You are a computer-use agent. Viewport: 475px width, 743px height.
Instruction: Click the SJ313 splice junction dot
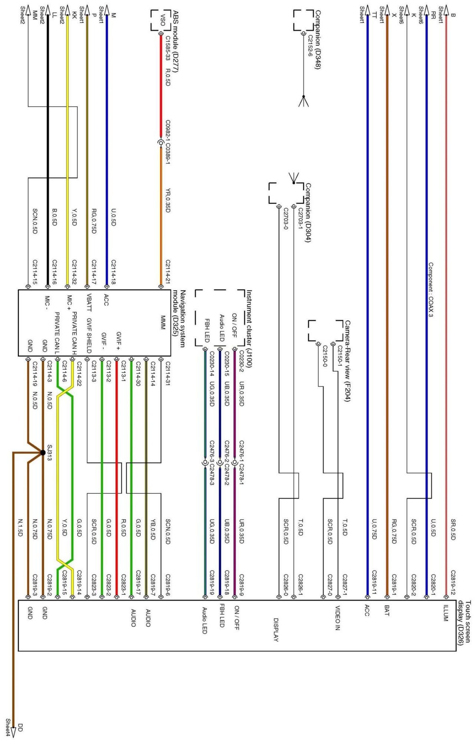pyautogui.click(x=43, y=452)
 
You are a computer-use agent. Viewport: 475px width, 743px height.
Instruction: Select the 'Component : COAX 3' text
pyautogui.click(x=431, y=289)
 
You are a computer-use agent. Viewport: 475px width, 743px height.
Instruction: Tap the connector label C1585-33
pyautogui.click(x=167, y=48)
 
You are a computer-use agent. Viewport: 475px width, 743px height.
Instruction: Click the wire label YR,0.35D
pyautogui.click(x=167, y=200)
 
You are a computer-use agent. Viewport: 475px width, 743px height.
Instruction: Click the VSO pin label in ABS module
pyautogui.click(x=162, y=20)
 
